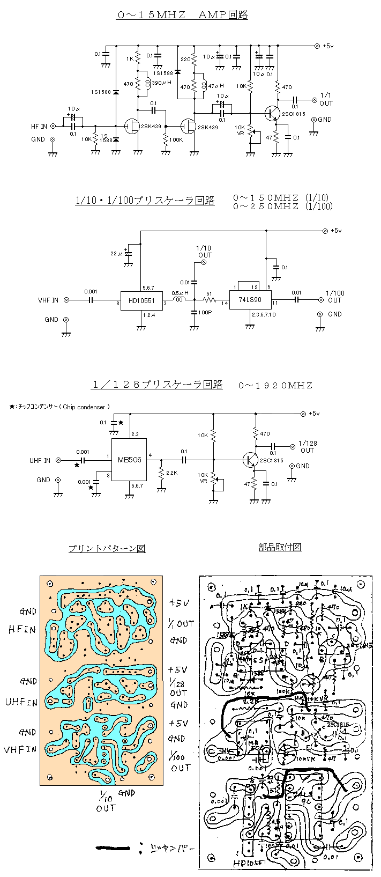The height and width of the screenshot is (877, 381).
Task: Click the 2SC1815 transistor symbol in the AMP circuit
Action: click(x=272, y=113)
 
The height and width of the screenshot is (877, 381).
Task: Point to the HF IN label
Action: click(x=39, y=127)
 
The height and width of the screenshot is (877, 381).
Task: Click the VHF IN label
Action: click(x=48, y=300)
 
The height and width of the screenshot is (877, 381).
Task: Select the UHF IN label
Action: click(x=40, y=460)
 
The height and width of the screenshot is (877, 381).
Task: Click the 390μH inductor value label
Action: click(x=161, y=83)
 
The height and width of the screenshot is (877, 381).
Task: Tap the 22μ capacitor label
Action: click(x=116, y=253)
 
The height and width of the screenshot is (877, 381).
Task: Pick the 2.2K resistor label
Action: click(x=171, y=473)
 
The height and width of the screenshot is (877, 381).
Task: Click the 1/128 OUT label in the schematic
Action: click(x=308, y=447)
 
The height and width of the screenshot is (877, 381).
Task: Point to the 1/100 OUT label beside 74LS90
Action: click(x=334, y=297)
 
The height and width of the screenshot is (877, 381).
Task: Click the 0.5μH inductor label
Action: click(x=180, y=292)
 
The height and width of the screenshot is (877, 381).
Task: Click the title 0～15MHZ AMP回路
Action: click(x=182, y=16)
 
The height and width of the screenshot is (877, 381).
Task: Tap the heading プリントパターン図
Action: click(x=107, y=548)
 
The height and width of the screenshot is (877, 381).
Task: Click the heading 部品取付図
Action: click(x=280, y=547)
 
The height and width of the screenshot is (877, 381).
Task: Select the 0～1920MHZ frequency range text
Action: click(x=275, y=385)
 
